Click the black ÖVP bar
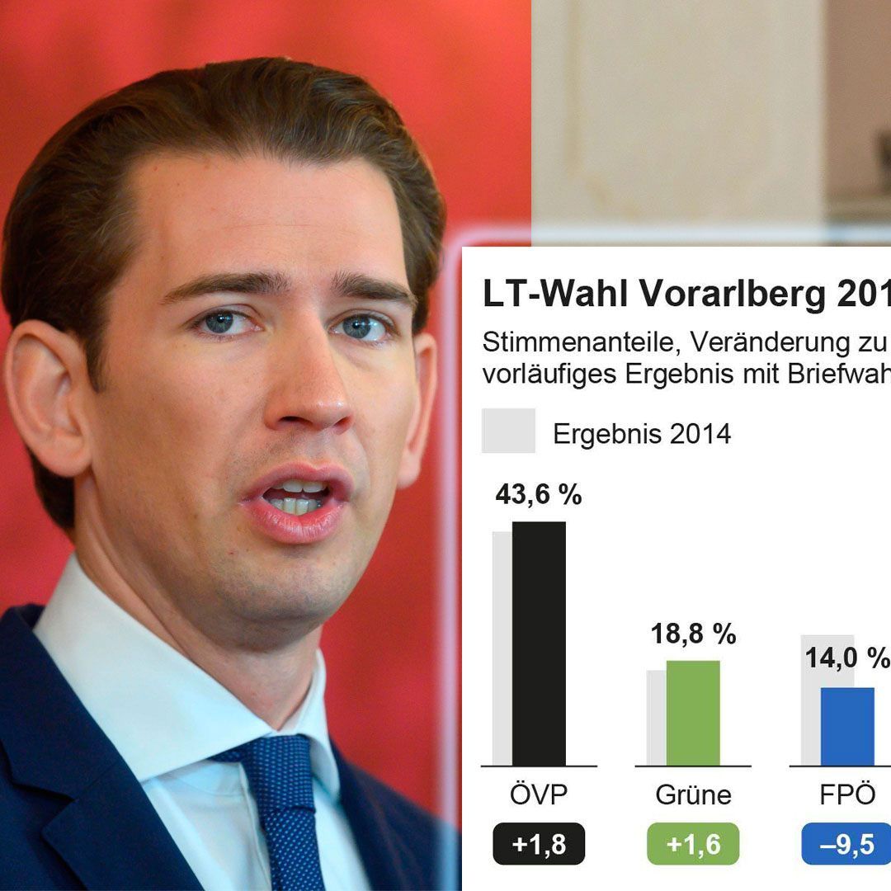(539, 643)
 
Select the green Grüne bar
(693, 713)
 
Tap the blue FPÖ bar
(847, 726)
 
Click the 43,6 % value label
(538, 495)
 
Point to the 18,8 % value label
(693, 634)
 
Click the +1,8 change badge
(539, 844)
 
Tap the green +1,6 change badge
(693, 844)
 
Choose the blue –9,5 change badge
(846, 844)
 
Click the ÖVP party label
(539, 794)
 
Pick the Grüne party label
(693, 794)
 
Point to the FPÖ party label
(846, 794)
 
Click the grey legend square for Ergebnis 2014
(508, 431)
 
